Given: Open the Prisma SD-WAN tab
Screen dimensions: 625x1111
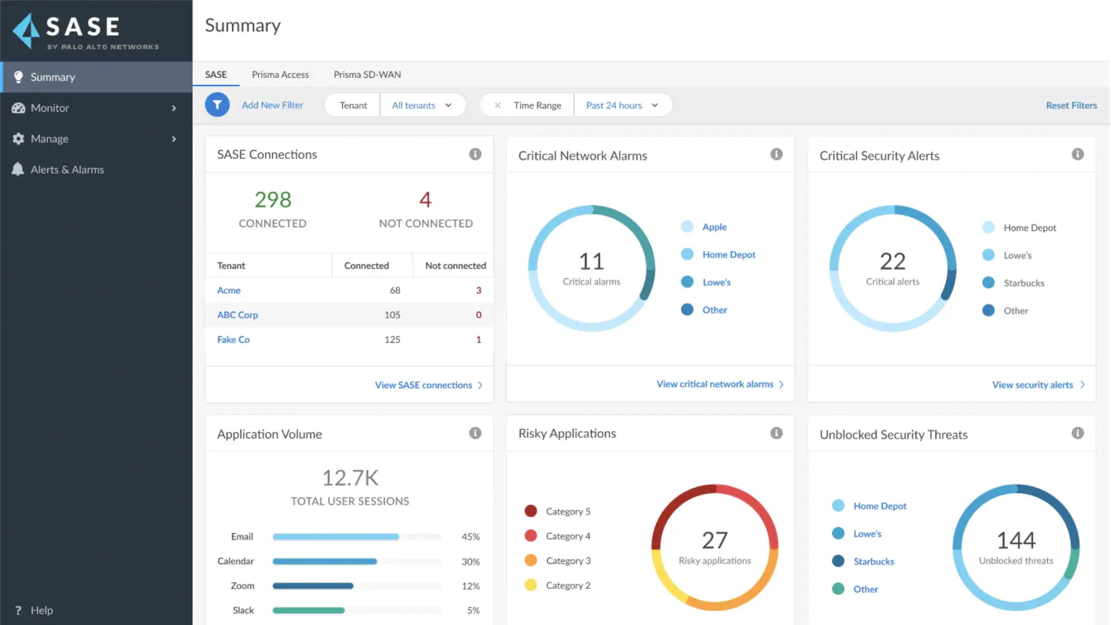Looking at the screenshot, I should [x=367, y=74].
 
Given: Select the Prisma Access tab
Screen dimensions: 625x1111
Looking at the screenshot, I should [x=280, y=74].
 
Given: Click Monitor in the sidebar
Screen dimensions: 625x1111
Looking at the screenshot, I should [x=50, y=108].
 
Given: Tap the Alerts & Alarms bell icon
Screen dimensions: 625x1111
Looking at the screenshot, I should [x=18, y=169].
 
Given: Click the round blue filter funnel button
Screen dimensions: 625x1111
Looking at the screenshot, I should [x=217, y=105].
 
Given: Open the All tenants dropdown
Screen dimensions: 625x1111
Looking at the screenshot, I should [x=422, y=105].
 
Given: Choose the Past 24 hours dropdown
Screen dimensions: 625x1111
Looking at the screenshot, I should [x=622, y=105].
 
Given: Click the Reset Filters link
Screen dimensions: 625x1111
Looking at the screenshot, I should [x=1071, y=105].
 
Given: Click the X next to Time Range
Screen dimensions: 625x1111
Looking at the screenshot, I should [x=498, y=105].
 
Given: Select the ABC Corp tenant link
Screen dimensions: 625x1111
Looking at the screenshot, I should [x=237, y=315].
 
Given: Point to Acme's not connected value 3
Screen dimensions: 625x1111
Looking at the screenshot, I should [x=478, y=290].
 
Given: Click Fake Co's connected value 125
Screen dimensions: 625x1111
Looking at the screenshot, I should [x=392, y=339].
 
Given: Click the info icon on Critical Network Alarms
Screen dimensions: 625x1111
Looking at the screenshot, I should [x=776, y=154].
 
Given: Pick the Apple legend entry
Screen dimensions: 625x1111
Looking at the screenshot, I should [x=714, y=227].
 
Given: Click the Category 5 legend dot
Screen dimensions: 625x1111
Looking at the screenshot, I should [x=531, y=511].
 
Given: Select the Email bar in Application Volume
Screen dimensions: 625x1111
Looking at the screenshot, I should [x=336, y=537].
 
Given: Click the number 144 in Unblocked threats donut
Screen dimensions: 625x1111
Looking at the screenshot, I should [x=1015, y=540].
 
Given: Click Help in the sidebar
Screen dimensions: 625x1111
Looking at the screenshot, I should [x=41, y=610].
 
